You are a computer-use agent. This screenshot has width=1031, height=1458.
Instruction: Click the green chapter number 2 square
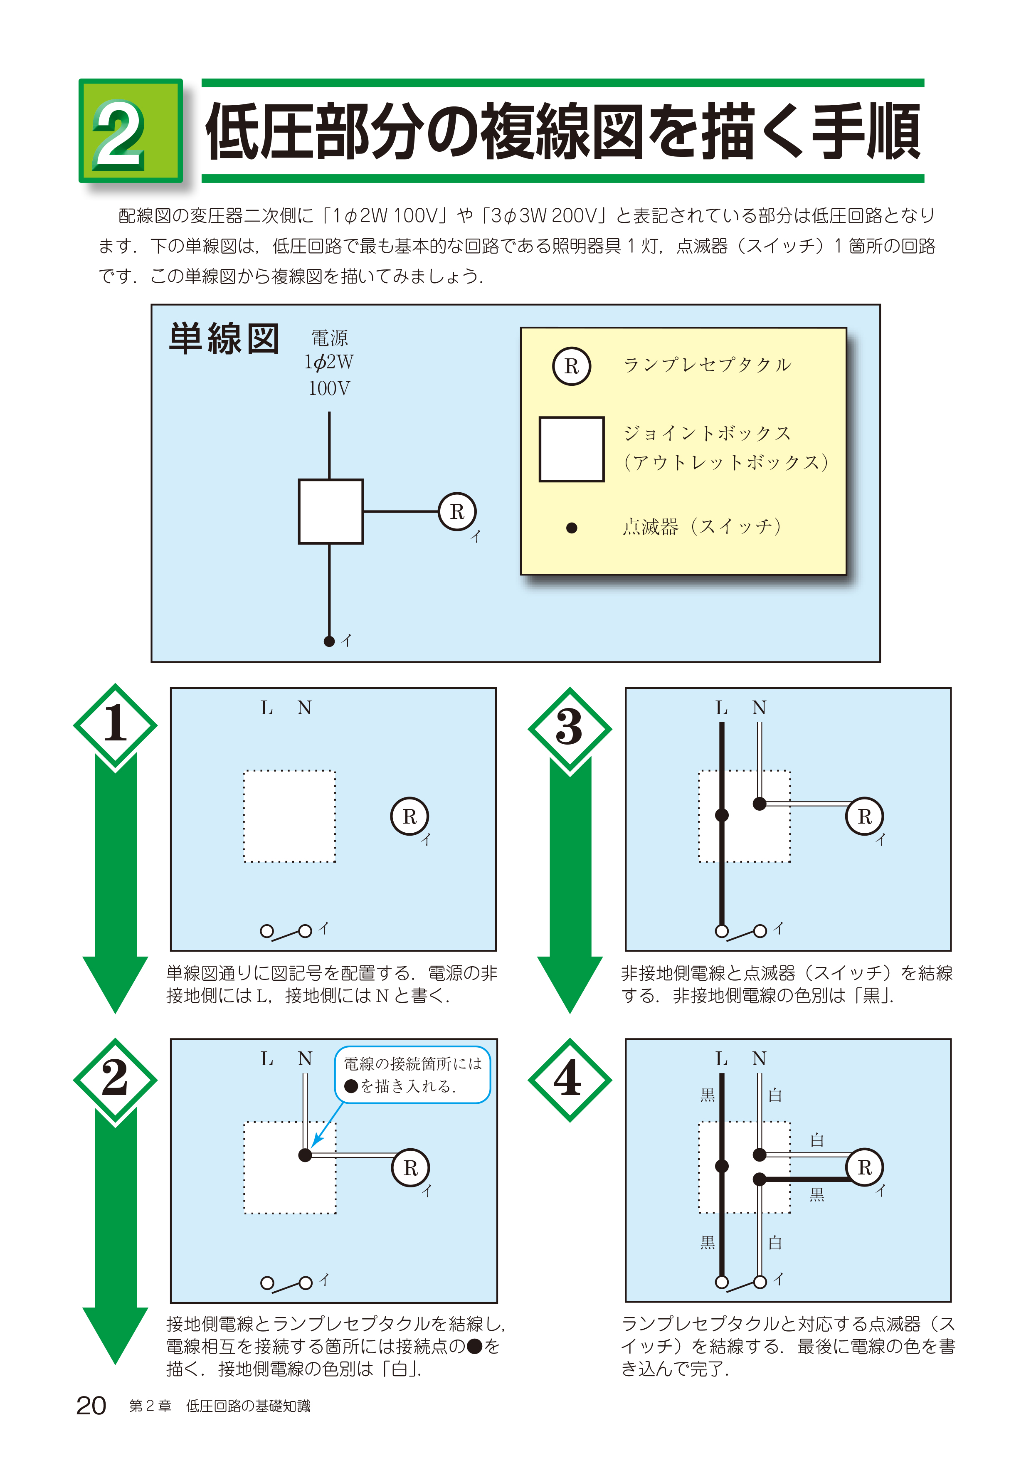coord(130,131)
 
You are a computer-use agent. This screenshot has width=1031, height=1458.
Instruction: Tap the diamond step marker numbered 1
coord(115,725)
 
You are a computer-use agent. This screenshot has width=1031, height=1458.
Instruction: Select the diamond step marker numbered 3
coord(570,728)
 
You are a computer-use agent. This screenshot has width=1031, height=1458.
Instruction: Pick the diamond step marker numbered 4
coord(570,1080)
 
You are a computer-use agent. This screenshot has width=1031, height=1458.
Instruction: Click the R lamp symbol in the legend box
coord(571,366)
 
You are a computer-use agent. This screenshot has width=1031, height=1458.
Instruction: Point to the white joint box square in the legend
coord(571,449)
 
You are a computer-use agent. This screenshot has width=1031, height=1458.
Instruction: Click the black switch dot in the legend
coord(571,528)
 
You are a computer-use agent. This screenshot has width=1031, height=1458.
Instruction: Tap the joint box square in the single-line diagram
coord(331,511)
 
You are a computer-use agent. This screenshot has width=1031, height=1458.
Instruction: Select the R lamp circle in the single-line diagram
coord(457,511)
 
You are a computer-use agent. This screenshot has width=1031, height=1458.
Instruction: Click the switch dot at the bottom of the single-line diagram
coord(329,641)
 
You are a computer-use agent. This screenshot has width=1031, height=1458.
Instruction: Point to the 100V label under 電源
coord(329,388)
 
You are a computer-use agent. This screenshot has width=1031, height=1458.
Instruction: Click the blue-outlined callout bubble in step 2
coord(413,1074)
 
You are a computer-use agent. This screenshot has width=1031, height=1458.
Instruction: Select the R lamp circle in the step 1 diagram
coord(409,817)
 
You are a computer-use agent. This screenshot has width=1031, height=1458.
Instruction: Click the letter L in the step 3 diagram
coord(721,708)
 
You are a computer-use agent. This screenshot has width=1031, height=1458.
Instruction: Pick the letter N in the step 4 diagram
coord(759,1058)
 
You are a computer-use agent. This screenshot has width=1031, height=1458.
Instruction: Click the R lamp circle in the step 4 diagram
coord(865,1167)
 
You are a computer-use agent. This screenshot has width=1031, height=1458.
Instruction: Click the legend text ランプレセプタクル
coord(707,365)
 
